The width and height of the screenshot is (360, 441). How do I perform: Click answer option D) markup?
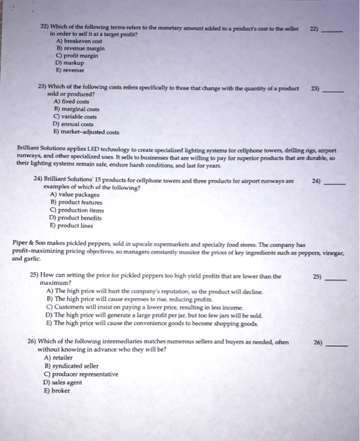click(x=71, y=64)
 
